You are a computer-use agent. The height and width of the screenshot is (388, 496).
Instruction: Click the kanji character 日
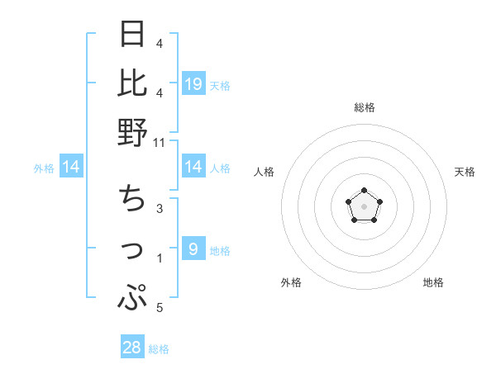pyautogui.click(x=132, y=35)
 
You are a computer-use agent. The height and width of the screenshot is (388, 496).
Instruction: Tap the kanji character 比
pyautogui.click(x=132, y=83)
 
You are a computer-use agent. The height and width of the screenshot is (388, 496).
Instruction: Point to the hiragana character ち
pyautogui.click(x=132, y=199)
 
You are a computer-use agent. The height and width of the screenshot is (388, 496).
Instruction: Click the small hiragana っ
pyautogui.click(x=133, y=250)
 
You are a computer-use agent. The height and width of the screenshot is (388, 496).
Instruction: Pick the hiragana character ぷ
pyautogui.click(x=132, y=297)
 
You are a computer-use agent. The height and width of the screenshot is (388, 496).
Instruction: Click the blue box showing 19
pyautogui.click(x=193, y=83)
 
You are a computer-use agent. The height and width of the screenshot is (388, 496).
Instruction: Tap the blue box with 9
pyautogui.click(x=193, y=250)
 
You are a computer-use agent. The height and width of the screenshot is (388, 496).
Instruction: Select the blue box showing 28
pyautogui.click(x=132, y=348)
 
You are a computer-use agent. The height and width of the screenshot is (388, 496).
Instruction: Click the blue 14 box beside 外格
pyautogui.click(x=72, y=168)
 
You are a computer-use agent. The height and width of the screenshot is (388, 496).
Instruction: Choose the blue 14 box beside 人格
pyautogui.click(x=193, y=168)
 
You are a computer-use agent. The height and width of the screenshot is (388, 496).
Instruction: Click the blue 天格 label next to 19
pyautogui.click(x=220, y=86)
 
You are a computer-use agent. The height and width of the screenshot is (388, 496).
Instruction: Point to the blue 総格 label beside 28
pyautogui.click(x=159, y=350)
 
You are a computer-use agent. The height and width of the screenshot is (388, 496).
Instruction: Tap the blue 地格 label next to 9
pyautogui.click(x=220, y=252)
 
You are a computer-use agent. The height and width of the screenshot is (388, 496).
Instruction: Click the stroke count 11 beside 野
pyautogui.click(x=160, y=142)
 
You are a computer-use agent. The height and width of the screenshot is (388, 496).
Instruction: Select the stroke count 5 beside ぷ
pyautogui.click(x=160, y=309)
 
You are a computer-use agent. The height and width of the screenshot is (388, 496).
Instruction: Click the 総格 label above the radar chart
pyautogui.click(x=364, y=107)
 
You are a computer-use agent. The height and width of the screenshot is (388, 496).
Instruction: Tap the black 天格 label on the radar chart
pyautogui.click(x=465, y=172)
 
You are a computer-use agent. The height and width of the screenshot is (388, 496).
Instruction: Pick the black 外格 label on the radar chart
pyautogui.click(x=291, y=282)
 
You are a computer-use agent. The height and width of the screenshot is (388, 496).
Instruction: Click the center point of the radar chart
pyautogui.click(x=364, y=206)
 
